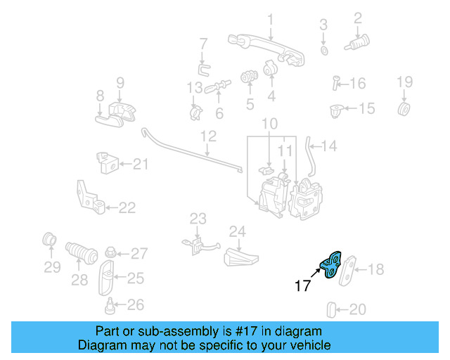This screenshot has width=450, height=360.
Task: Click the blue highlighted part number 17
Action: pos(330,264)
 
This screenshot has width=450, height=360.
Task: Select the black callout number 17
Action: pos(302,285)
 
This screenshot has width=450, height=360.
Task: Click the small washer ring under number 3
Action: pos(324,51)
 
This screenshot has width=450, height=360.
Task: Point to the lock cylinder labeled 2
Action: pos(357,43)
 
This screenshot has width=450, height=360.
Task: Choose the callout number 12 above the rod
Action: pos(208,136)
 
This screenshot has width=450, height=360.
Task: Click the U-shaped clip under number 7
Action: pos(203,70)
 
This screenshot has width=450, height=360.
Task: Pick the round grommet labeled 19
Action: pos(404,108)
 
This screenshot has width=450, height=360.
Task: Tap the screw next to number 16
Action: pos(335,83)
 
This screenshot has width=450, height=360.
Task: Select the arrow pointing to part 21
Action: pos(125,164)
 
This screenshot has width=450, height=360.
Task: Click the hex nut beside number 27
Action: pos(110,253)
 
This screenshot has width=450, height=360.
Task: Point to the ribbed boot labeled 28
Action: pos(82,252)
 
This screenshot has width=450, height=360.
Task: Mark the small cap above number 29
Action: pos(49,239)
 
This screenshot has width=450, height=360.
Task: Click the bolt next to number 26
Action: pos(110,306)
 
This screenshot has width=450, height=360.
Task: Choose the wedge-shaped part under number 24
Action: pos(240,257)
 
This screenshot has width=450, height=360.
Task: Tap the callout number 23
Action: pos(198,219)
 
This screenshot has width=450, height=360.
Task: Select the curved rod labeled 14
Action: pos(310,157)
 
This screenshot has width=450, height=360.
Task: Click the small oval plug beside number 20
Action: pos(331,309)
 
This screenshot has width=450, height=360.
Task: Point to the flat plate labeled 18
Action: pos(347,271)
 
